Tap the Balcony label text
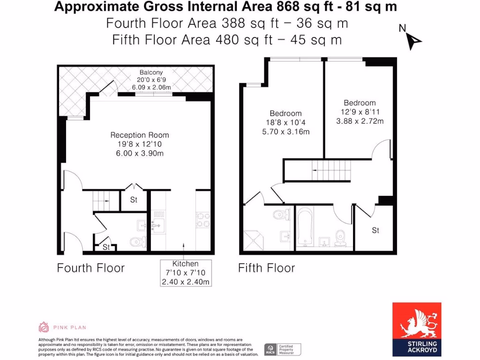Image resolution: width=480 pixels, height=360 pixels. click(x=151, y=72)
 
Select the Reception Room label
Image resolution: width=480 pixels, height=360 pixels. click(x=140, y=135)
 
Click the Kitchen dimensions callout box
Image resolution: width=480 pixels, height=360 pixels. click(x=186, y=273)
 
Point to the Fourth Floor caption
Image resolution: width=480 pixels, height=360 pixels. click(x=90, y=268)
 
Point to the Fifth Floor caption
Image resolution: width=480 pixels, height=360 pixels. click(x=266, y=268)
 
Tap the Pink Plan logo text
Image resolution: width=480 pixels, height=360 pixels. click(x=68, y=327)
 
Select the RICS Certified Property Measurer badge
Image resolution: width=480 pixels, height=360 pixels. click(x=283, y=349)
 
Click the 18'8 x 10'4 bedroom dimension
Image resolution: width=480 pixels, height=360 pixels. click(x=285, y=123)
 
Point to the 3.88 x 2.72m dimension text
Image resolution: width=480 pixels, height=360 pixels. click(x=360, y=121)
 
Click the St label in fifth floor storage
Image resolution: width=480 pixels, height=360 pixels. click(x=375, y=230)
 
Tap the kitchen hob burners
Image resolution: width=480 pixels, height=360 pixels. click(x=202, y=220)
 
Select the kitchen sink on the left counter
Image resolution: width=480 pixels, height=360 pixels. click(x=157, y=225)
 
